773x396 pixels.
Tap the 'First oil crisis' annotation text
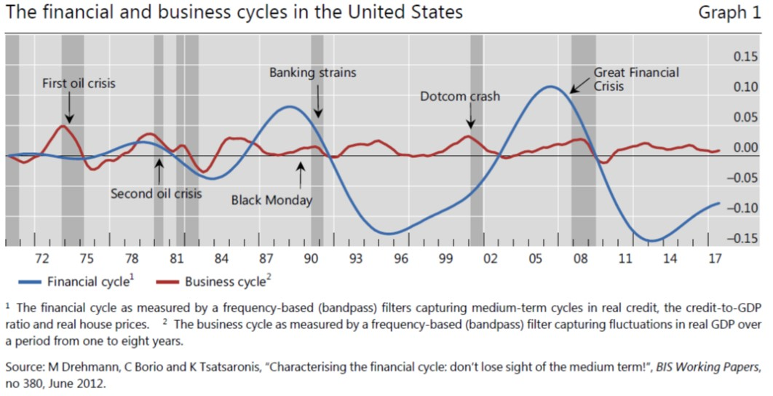click(79, 84)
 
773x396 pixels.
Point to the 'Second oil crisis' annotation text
click(156, 194)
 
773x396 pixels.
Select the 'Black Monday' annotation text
click(271, 200)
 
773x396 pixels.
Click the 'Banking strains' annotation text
click(313, 73)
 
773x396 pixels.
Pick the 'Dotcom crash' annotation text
click(460, 96)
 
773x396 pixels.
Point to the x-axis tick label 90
click(312, 258)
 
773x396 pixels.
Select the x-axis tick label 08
click(580, 258)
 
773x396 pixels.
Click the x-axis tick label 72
click(41, 258)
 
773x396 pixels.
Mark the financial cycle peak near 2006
click(551, 87)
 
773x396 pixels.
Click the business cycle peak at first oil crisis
click(63, 126)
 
